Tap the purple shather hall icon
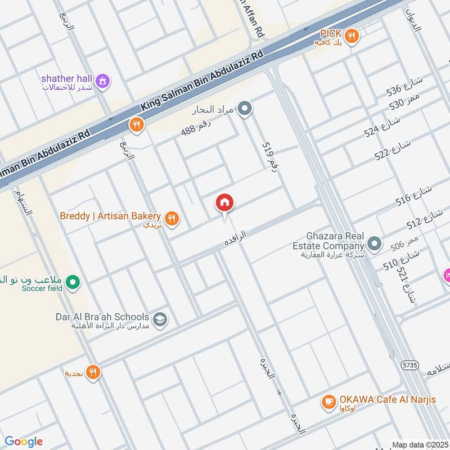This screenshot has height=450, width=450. point(103,82)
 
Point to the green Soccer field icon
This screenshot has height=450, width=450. point(72,283)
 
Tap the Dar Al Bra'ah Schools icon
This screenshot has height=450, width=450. point(160,319)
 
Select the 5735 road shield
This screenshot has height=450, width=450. point(409,365)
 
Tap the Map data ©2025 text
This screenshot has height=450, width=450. point(421,444)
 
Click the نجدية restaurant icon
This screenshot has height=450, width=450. point(93,372)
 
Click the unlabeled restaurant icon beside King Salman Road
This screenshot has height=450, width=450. point(136,124)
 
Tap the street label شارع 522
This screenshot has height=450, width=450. point(393,149)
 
